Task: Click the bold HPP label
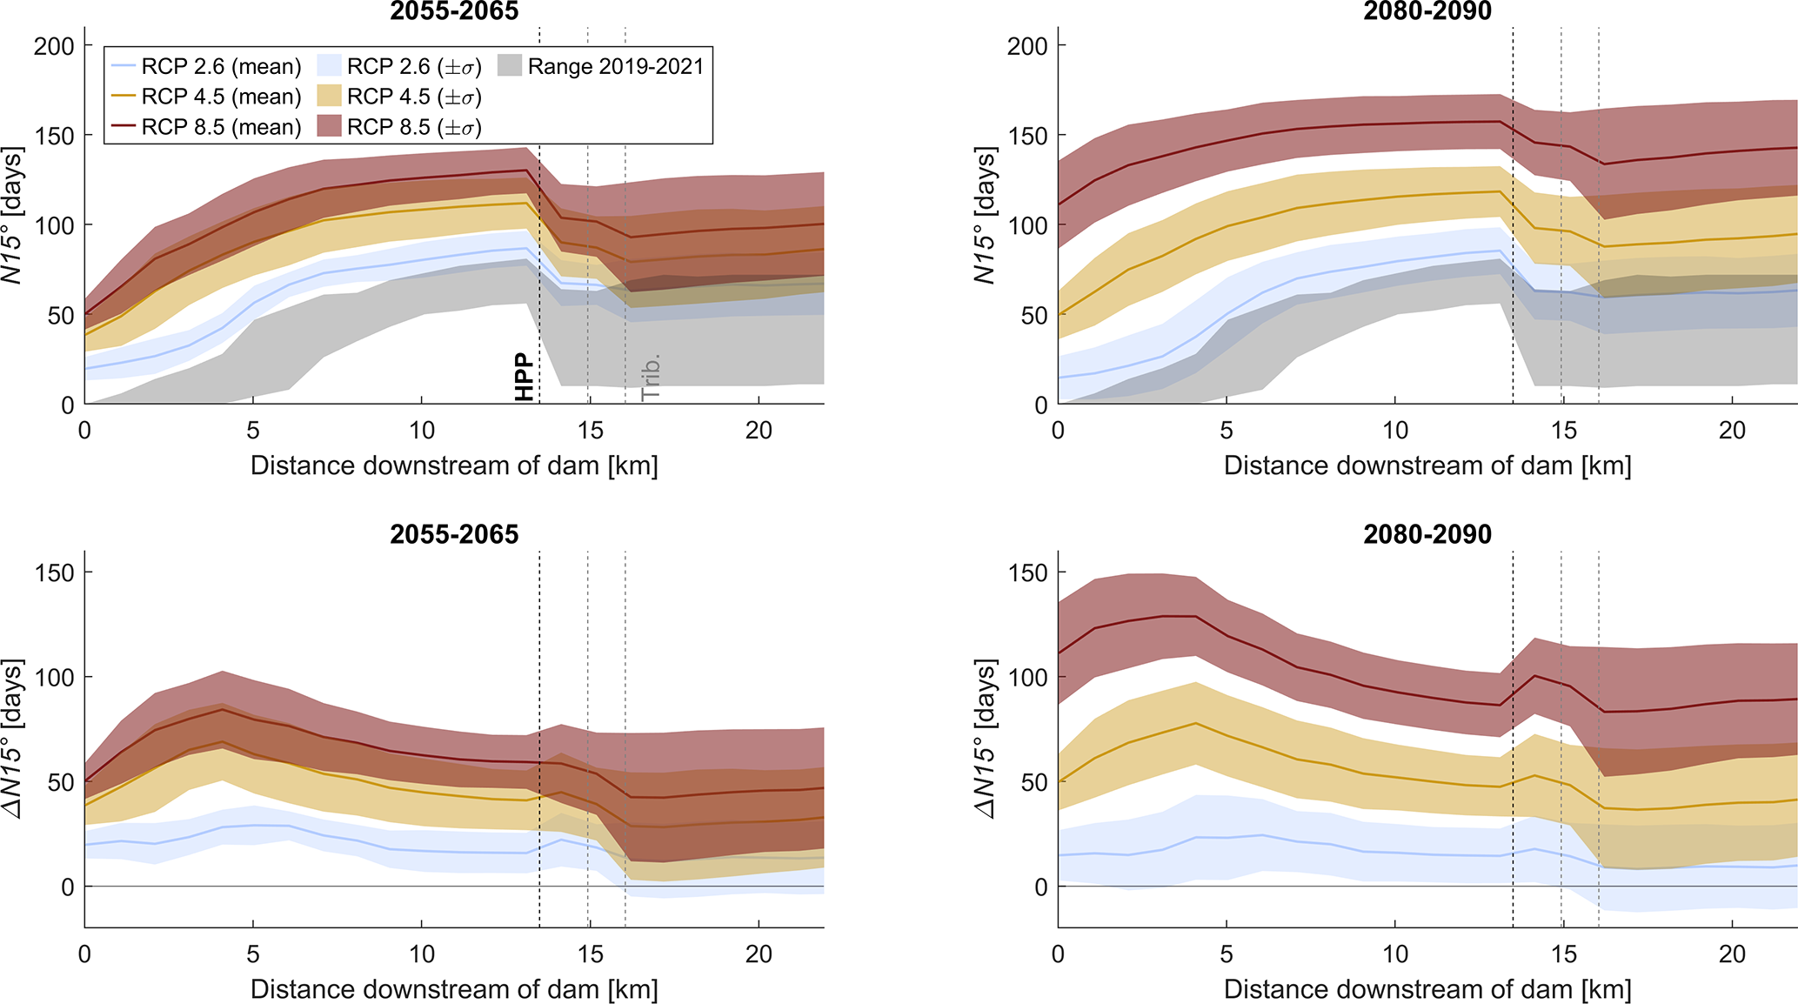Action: (524, 378)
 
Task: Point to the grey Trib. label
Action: (651, 377)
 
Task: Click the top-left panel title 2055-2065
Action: (454, 11)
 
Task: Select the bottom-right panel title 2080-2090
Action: (1427, 534)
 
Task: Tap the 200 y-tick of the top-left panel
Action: (54, 45)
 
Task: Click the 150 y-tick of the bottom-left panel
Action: (54, 572)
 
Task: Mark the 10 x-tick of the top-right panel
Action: (1395, 430)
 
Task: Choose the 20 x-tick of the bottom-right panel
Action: (1733, 954)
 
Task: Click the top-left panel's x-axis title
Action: (454, 465)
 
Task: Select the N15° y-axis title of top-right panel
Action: (985, 215)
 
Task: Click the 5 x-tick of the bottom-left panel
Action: (253, 954)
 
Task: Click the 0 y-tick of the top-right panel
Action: (1041, 405)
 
